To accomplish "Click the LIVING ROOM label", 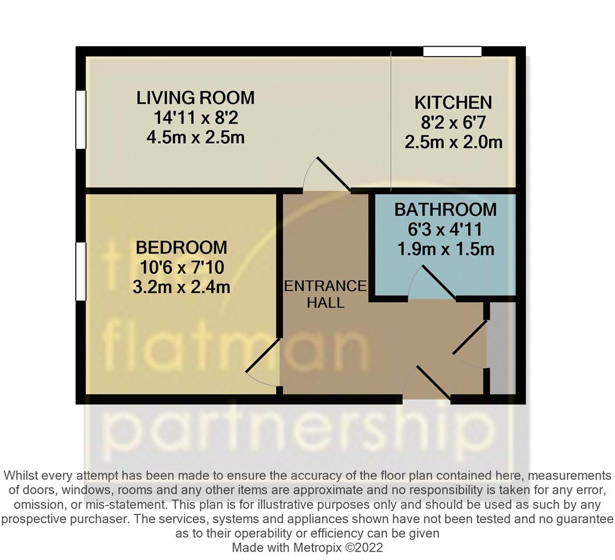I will click(195, 97).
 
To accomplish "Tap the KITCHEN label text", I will click(453, 103).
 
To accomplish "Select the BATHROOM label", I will click(445, 209).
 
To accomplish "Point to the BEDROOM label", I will click(181, 247).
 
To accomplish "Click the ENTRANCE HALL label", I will click(325, 294).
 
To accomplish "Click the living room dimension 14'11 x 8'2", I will click(195, 118).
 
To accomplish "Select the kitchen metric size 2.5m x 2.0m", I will click(453, 142).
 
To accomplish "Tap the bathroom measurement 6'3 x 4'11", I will click(445, 229).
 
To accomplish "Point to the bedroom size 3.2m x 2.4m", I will click(181, 287).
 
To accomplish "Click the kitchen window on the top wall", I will click(452, 51).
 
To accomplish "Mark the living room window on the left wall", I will click(80, 120).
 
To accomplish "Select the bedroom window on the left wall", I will click(80, 271).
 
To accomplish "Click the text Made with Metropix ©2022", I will click(307, 548).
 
